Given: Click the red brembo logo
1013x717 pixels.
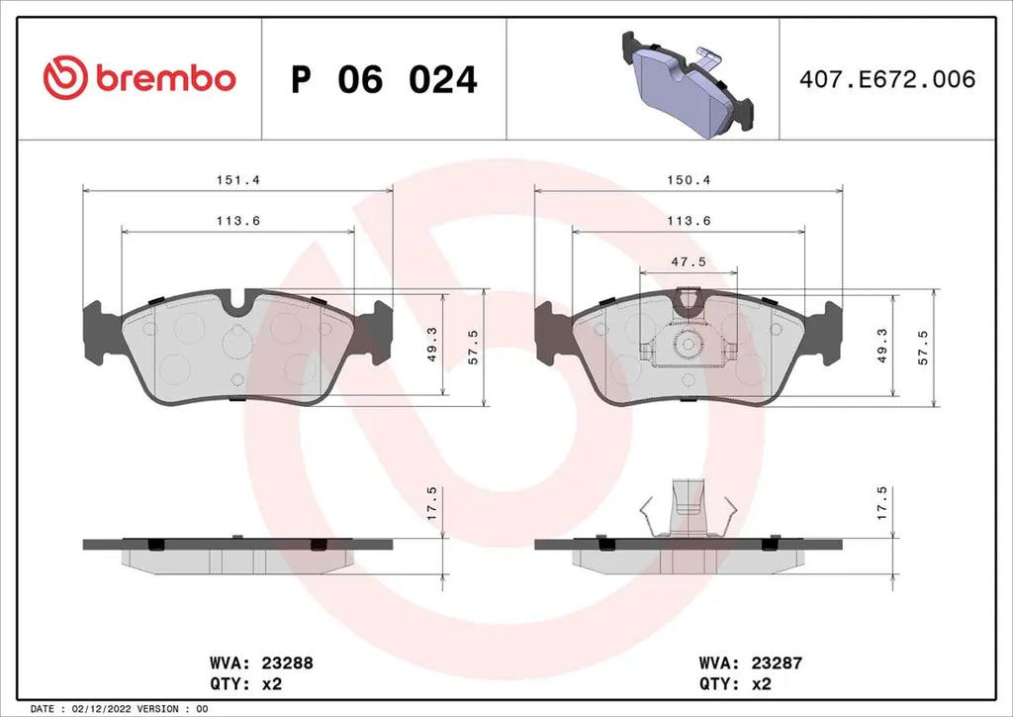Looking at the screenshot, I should (x=139, y=78).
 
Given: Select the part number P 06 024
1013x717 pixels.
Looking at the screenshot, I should (x=384, y=79).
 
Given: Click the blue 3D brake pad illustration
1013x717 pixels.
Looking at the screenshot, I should (x=685, y=84).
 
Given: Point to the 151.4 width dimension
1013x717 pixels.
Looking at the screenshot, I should (x=230, y=179).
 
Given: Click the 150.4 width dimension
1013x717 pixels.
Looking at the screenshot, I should (x=684, y=179).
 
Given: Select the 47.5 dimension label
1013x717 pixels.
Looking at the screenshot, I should (x=688, y=261).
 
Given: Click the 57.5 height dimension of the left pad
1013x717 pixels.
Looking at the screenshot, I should (x=472, y=347).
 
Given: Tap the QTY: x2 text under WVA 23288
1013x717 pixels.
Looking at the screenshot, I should (x=245, y=683).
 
